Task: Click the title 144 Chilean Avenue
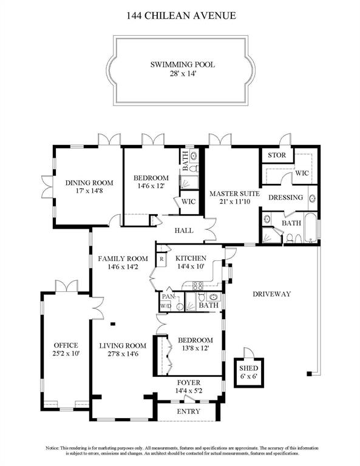coord(180,15)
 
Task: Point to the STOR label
coord(277,155)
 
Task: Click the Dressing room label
coord(285,197)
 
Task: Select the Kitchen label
coord(191,257)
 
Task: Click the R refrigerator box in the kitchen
coord(161,259)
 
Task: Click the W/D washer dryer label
coord(165,307)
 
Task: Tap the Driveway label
coord(272,294)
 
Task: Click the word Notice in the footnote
coord(56,448)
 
